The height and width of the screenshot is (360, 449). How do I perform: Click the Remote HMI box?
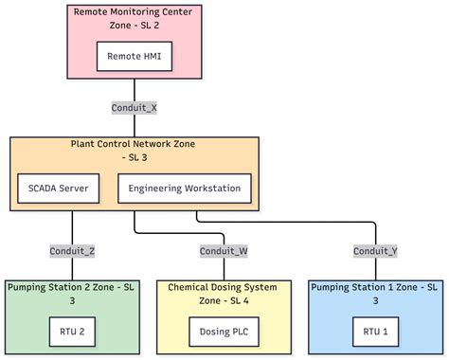(135, 57)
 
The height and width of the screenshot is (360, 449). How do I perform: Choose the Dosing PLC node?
(224, 331)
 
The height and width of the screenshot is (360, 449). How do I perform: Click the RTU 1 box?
(375, 331)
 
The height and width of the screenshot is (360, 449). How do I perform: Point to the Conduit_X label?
(135, 107)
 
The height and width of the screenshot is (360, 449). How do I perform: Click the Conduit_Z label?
(72, 250)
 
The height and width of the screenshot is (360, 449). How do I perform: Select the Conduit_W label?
(224, 250)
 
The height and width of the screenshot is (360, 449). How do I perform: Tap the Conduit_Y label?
(375, 250)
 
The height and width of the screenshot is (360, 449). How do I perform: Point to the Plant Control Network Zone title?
(135, 144)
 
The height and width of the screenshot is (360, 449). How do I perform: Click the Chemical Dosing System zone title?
(224, 287)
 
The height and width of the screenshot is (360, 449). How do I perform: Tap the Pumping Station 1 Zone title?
(375, 287)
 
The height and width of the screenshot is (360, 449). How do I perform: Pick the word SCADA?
(42, 188)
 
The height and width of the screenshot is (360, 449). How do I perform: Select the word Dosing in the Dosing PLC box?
(215, 331)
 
